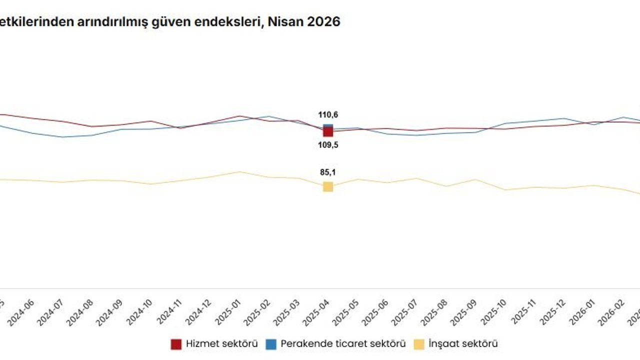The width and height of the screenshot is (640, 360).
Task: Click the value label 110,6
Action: click(328, 115)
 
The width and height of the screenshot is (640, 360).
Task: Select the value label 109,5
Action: click(328, 145)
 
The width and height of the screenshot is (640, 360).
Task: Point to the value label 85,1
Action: click(328, 173)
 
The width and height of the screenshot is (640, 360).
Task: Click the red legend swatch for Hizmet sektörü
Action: click(176, 344)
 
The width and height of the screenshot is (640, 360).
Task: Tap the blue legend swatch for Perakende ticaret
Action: click(271, 344)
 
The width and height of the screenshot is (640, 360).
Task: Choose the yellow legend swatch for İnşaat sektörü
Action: click(418, 344)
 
